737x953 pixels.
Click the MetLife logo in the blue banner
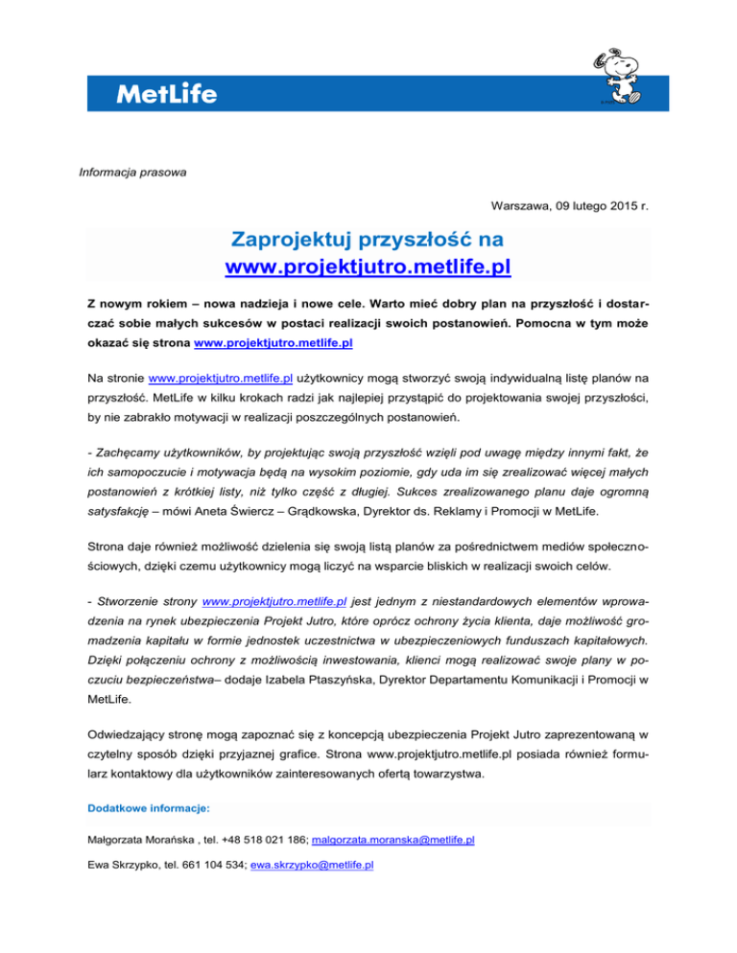(x=166, y=94)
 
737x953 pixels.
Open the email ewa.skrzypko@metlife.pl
(x=304, y=864)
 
